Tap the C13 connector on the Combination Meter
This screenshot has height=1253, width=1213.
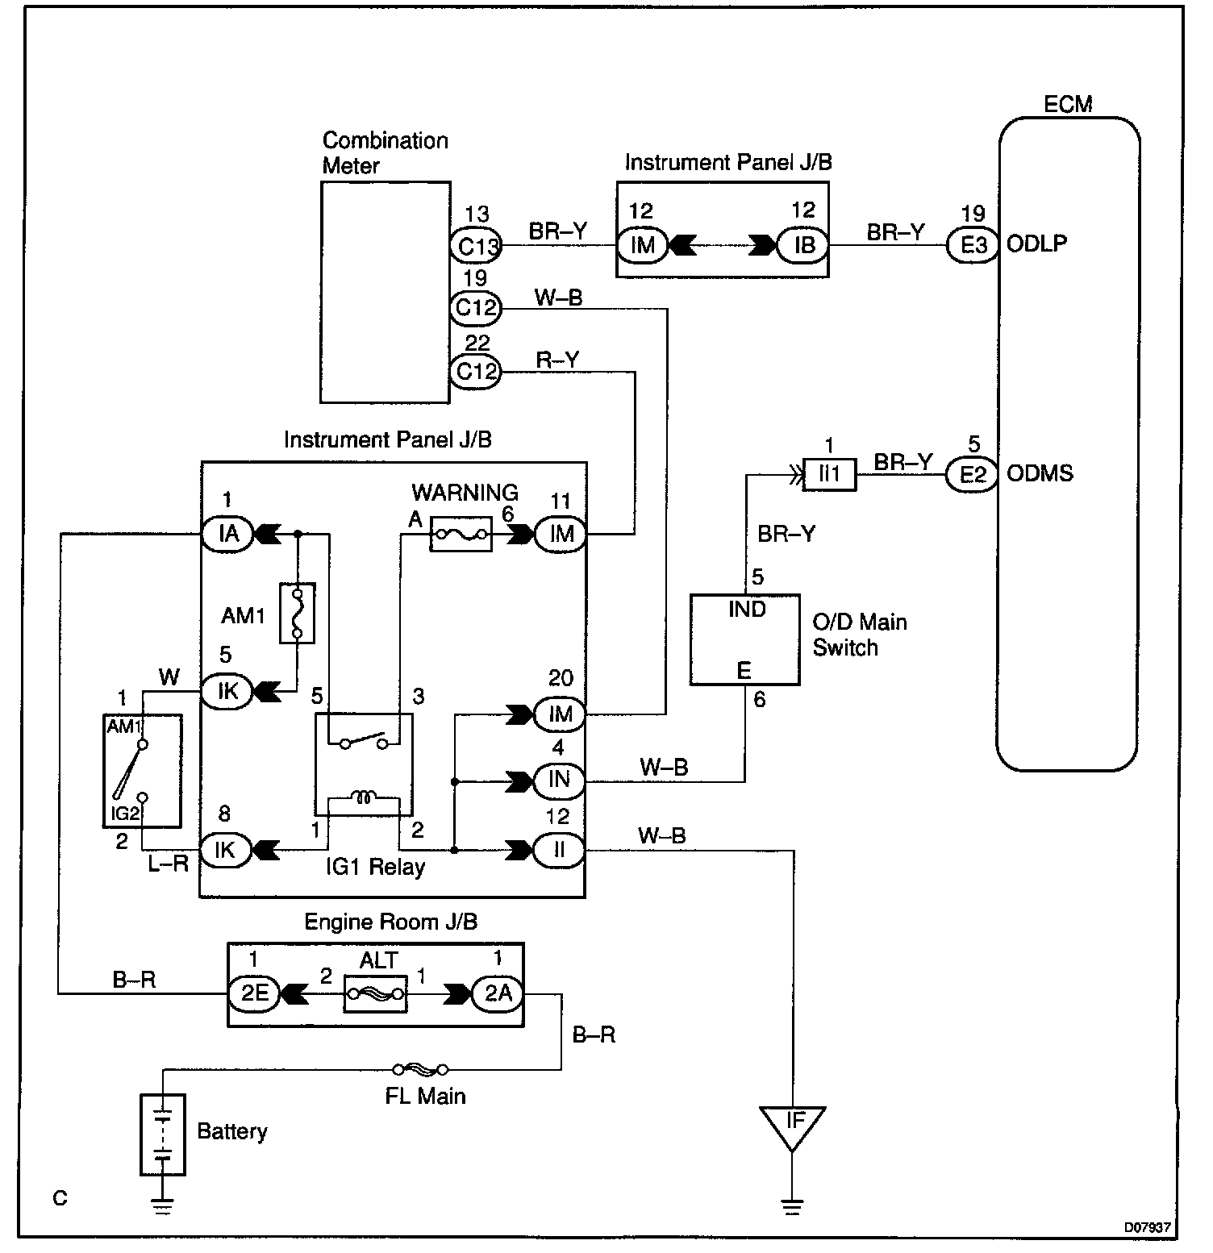[476, 244]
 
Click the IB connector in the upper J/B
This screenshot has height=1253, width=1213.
[803, 244]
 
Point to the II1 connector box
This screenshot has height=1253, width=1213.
[830, 474]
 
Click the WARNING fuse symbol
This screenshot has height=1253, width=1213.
[461, 533]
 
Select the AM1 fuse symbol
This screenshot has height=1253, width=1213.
[297, 613]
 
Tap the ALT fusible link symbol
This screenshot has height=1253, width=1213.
[375, 994]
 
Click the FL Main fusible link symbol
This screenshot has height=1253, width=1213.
[420, 1070]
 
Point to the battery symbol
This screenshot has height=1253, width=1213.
[163, 1134]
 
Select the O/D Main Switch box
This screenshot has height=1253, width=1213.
[745, 640]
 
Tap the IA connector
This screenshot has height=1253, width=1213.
[227, 533]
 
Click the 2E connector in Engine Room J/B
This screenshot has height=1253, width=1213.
[254, 994]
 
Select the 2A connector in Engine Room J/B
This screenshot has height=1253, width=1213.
[498, 994]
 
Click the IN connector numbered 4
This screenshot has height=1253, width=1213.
[559, 781]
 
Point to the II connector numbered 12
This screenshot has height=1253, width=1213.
[559, 850]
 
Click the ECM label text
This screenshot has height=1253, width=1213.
[1068, 104]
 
